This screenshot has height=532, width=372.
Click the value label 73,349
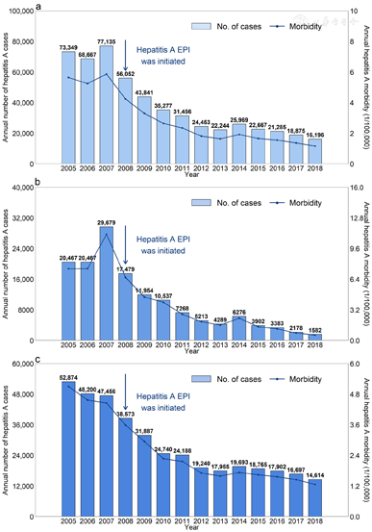(x=68, y=47)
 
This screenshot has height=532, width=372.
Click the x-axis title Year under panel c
(x=189, y=525)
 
